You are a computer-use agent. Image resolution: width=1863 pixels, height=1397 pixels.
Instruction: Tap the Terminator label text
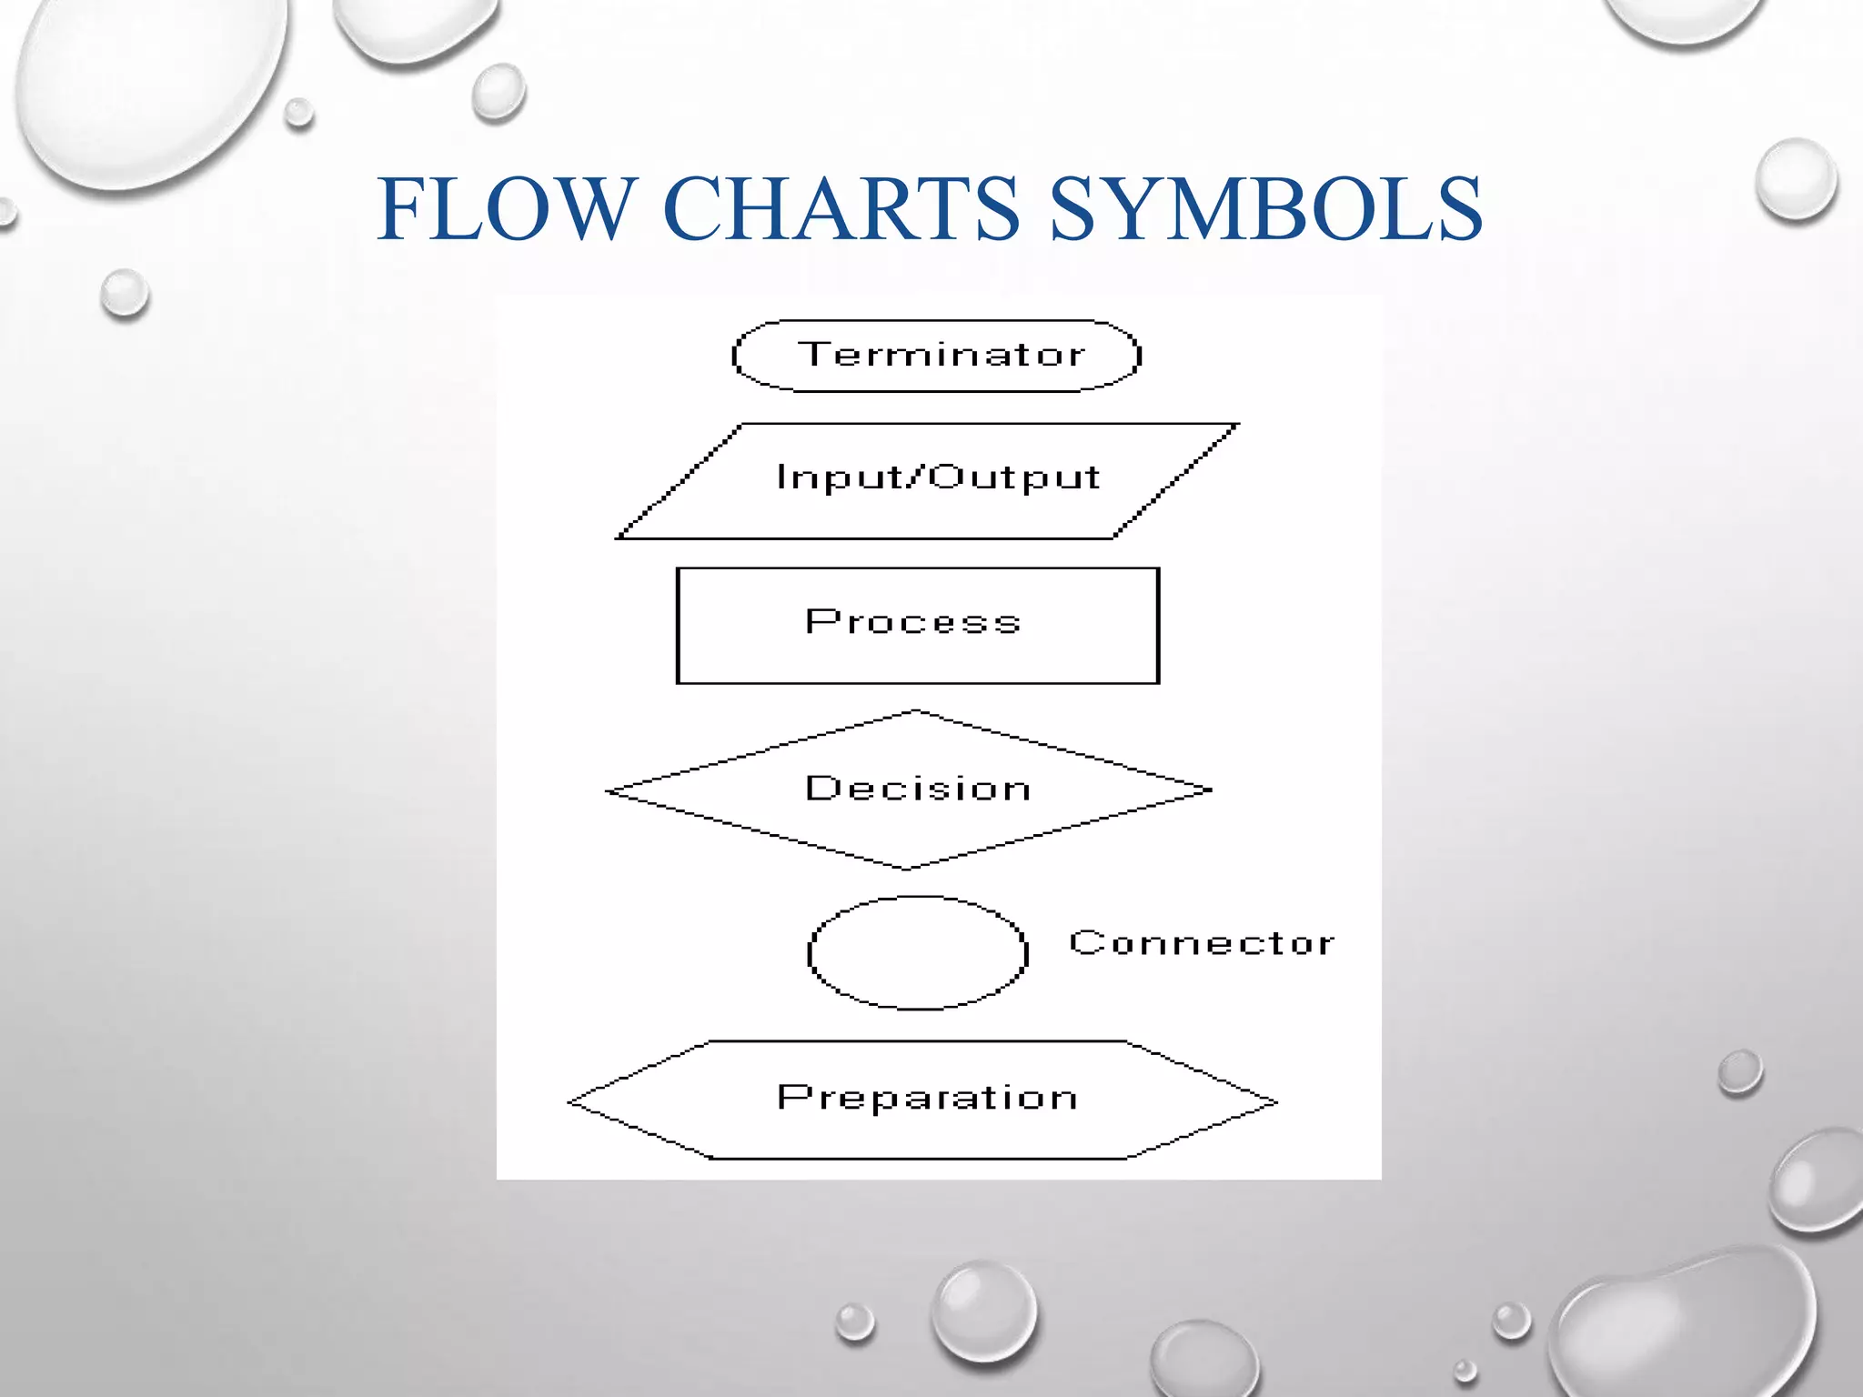pos(942,355)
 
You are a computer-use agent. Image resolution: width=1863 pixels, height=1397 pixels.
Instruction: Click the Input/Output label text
pos(938,477)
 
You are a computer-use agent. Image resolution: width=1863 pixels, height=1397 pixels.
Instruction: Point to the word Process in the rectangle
pos(913,622)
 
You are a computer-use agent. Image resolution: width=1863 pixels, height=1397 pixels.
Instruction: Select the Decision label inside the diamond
pos(919,789)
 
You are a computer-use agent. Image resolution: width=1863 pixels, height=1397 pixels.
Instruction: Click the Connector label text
pos(1202,943)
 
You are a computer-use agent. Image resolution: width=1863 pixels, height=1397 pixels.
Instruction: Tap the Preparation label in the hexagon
pos(928,1098)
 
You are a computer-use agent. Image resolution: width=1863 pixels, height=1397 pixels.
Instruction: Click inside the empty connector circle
pos(918,953)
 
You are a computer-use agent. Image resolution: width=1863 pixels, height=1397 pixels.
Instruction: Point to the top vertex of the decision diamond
pos(916,712)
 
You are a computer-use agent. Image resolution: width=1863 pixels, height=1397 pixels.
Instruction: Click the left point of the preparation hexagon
pos(571,1101)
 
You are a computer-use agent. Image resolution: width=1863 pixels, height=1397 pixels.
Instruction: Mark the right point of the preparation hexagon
pos(1275,1101)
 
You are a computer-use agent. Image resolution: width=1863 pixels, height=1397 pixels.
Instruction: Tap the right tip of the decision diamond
pos(1210,789)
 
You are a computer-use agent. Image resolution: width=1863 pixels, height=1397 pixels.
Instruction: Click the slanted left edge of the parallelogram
pos(680,482)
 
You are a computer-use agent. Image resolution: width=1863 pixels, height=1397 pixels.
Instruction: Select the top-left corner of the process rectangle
pos(679,569)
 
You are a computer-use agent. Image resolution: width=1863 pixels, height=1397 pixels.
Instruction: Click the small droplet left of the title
pos(125,293)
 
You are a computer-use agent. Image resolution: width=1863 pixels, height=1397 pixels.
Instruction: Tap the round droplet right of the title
pos(1796,179)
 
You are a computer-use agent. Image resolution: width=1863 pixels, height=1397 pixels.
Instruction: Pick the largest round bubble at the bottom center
pos(983,1311)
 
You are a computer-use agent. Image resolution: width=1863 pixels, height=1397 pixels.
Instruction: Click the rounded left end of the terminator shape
pos(735,357)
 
